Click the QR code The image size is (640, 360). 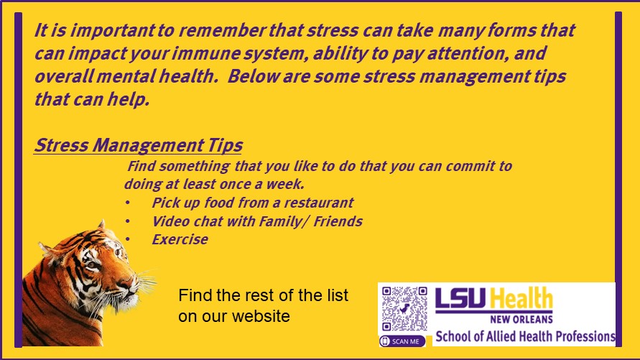tap(404, 308)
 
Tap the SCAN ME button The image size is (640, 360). tap(402, 341)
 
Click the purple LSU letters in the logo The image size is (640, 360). tap(461, 298)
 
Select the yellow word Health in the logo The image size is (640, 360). tap(521, 297)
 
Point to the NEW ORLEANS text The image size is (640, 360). tap(521, 319)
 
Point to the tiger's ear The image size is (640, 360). tap(101, 226)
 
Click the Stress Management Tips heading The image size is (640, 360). tap(138, 145)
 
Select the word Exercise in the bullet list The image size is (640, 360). tap(180, 239)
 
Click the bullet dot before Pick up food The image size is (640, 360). tap(128, 203)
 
